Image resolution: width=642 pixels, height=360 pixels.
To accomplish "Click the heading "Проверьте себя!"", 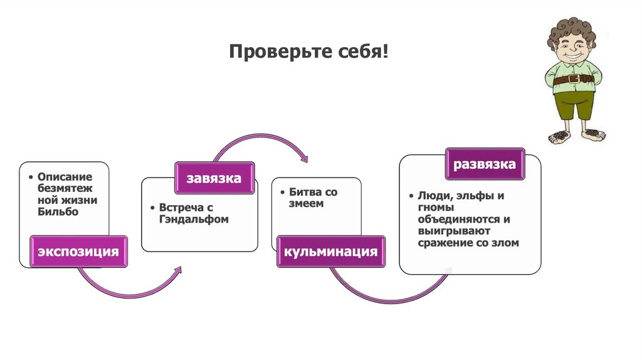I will (308, 52).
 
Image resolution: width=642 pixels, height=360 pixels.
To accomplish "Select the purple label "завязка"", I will (214, 178).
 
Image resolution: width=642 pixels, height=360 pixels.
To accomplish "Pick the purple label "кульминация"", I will (331, 251).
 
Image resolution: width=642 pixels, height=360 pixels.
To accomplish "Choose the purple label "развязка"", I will (485, 164).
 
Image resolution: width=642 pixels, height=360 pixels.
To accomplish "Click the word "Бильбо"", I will (58, 212).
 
